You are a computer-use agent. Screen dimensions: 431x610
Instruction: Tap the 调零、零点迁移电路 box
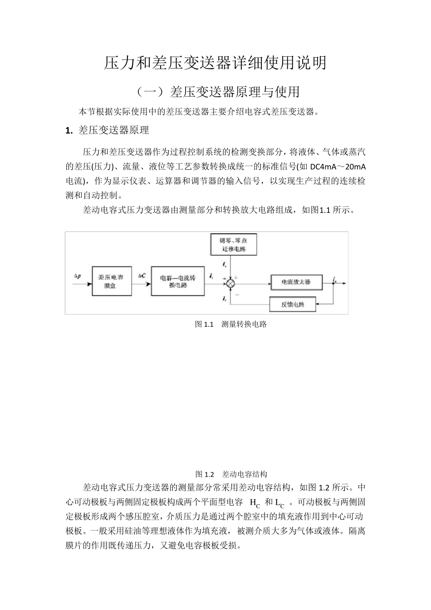pyautogui.click(x=233, y=245)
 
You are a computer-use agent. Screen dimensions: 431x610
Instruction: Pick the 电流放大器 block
pyautogui.click(x=296, y=282)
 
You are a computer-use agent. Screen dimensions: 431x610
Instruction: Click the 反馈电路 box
pyautogui.click(x=292, y=304)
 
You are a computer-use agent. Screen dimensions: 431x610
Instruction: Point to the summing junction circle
pyautogui.click(x=231, y=282)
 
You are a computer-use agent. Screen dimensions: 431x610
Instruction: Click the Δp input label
pyautogui.click(x=78, y=275)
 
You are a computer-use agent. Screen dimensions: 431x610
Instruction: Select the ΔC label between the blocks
pyautogui.click(x=142, y=275)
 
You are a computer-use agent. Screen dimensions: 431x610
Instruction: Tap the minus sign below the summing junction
pyautogui.click(x=237, y=294)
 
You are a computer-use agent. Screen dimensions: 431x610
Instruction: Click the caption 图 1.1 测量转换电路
pyautogui.click(x=230, y=324)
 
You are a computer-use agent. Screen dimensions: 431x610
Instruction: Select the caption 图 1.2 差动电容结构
pyautogui.click(x=231, y=474)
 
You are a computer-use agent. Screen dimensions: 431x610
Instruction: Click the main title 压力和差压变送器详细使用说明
pyautogui.click(x=215, y=63)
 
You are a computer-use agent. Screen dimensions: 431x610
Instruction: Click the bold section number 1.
pyautogui.click(x=69, y=131)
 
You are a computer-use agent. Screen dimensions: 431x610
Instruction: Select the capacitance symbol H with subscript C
pyautogui.click(x=255, y=503)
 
